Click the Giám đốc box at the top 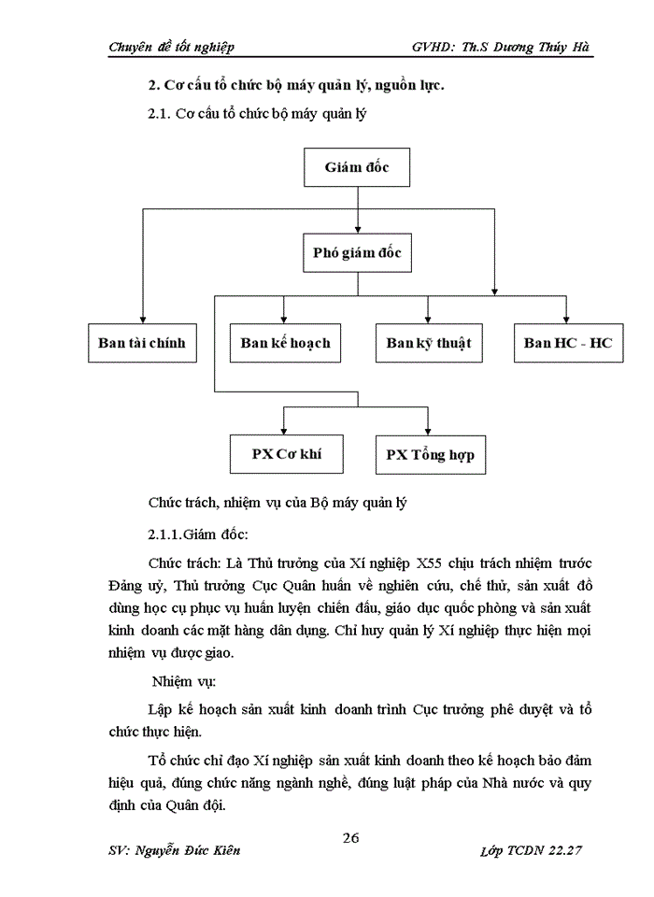(356, 168)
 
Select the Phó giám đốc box (357, 252)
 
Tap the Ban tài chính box (142, 343)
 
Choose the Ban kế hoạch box (285, 343)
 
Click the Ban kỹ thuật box (429, 343)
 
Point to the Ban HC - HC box (568, 343)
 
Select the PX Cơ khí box (286, 454)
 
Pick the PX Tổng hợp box (430, 455)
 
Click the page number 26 (351, 836)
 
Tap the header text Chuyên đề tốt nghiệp (171, 47)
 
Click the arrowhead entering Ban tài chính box (142, 319)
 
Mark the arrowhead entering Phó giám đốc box (356, 228)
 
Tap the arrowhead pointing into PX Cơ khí (286, 430)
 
